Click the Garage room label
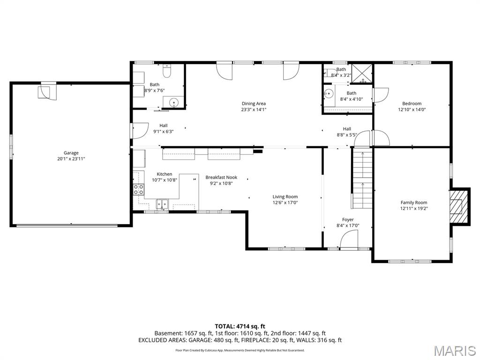click(71, 153)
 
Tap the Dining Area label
click(254, 104)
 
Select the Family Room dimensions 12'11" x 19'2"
click(414, 209)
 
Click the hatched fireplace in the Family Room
click(458, 206)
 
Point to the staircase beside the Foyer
click(362, 178)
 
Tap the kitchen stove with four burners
click(138, 189)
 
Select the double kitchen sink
click(162, 204)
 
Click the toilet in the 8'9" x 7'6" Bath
click(167, 71)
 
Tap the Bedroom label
click(412, 104)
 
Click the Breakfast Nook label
click(221, 177)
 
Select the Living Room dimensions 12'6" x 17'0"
click(285, 202)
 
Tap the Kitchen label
click(165, 174)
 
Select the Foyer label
click(348, 219)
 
